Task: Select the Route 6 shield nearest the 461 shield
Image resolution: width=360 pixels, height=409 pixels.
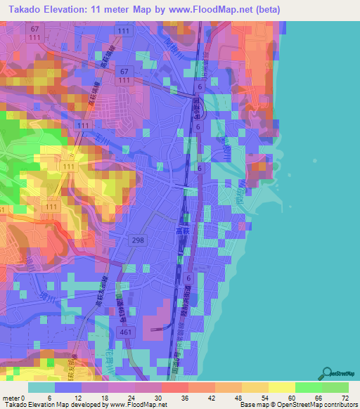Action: tap(188, 278)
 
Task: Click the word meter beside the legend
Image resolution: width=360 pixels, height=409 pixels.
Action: tap(12, 398)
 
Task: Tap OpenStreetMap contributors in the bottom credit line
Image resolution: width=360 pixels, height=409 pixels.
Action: tap(321, 405)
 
